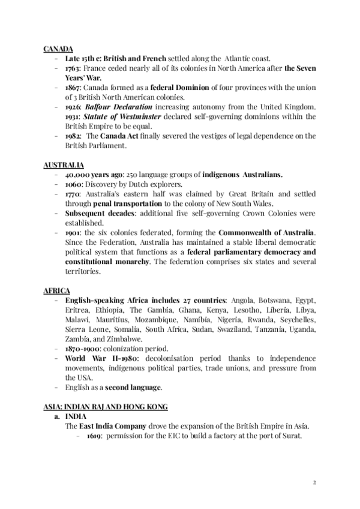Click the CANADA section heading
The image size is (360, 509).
[x=58, y=48]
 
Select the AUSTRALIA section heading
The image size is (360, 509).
[x=64, y=164]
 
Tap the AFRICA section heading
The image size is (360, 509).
[x=56, y=291]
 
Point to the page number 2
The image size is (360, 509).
[x=315, y=482]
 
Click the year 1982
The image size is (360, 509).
[x=73, y=136]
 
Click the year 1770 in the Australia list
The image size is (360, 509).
[x=73, y=194]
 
